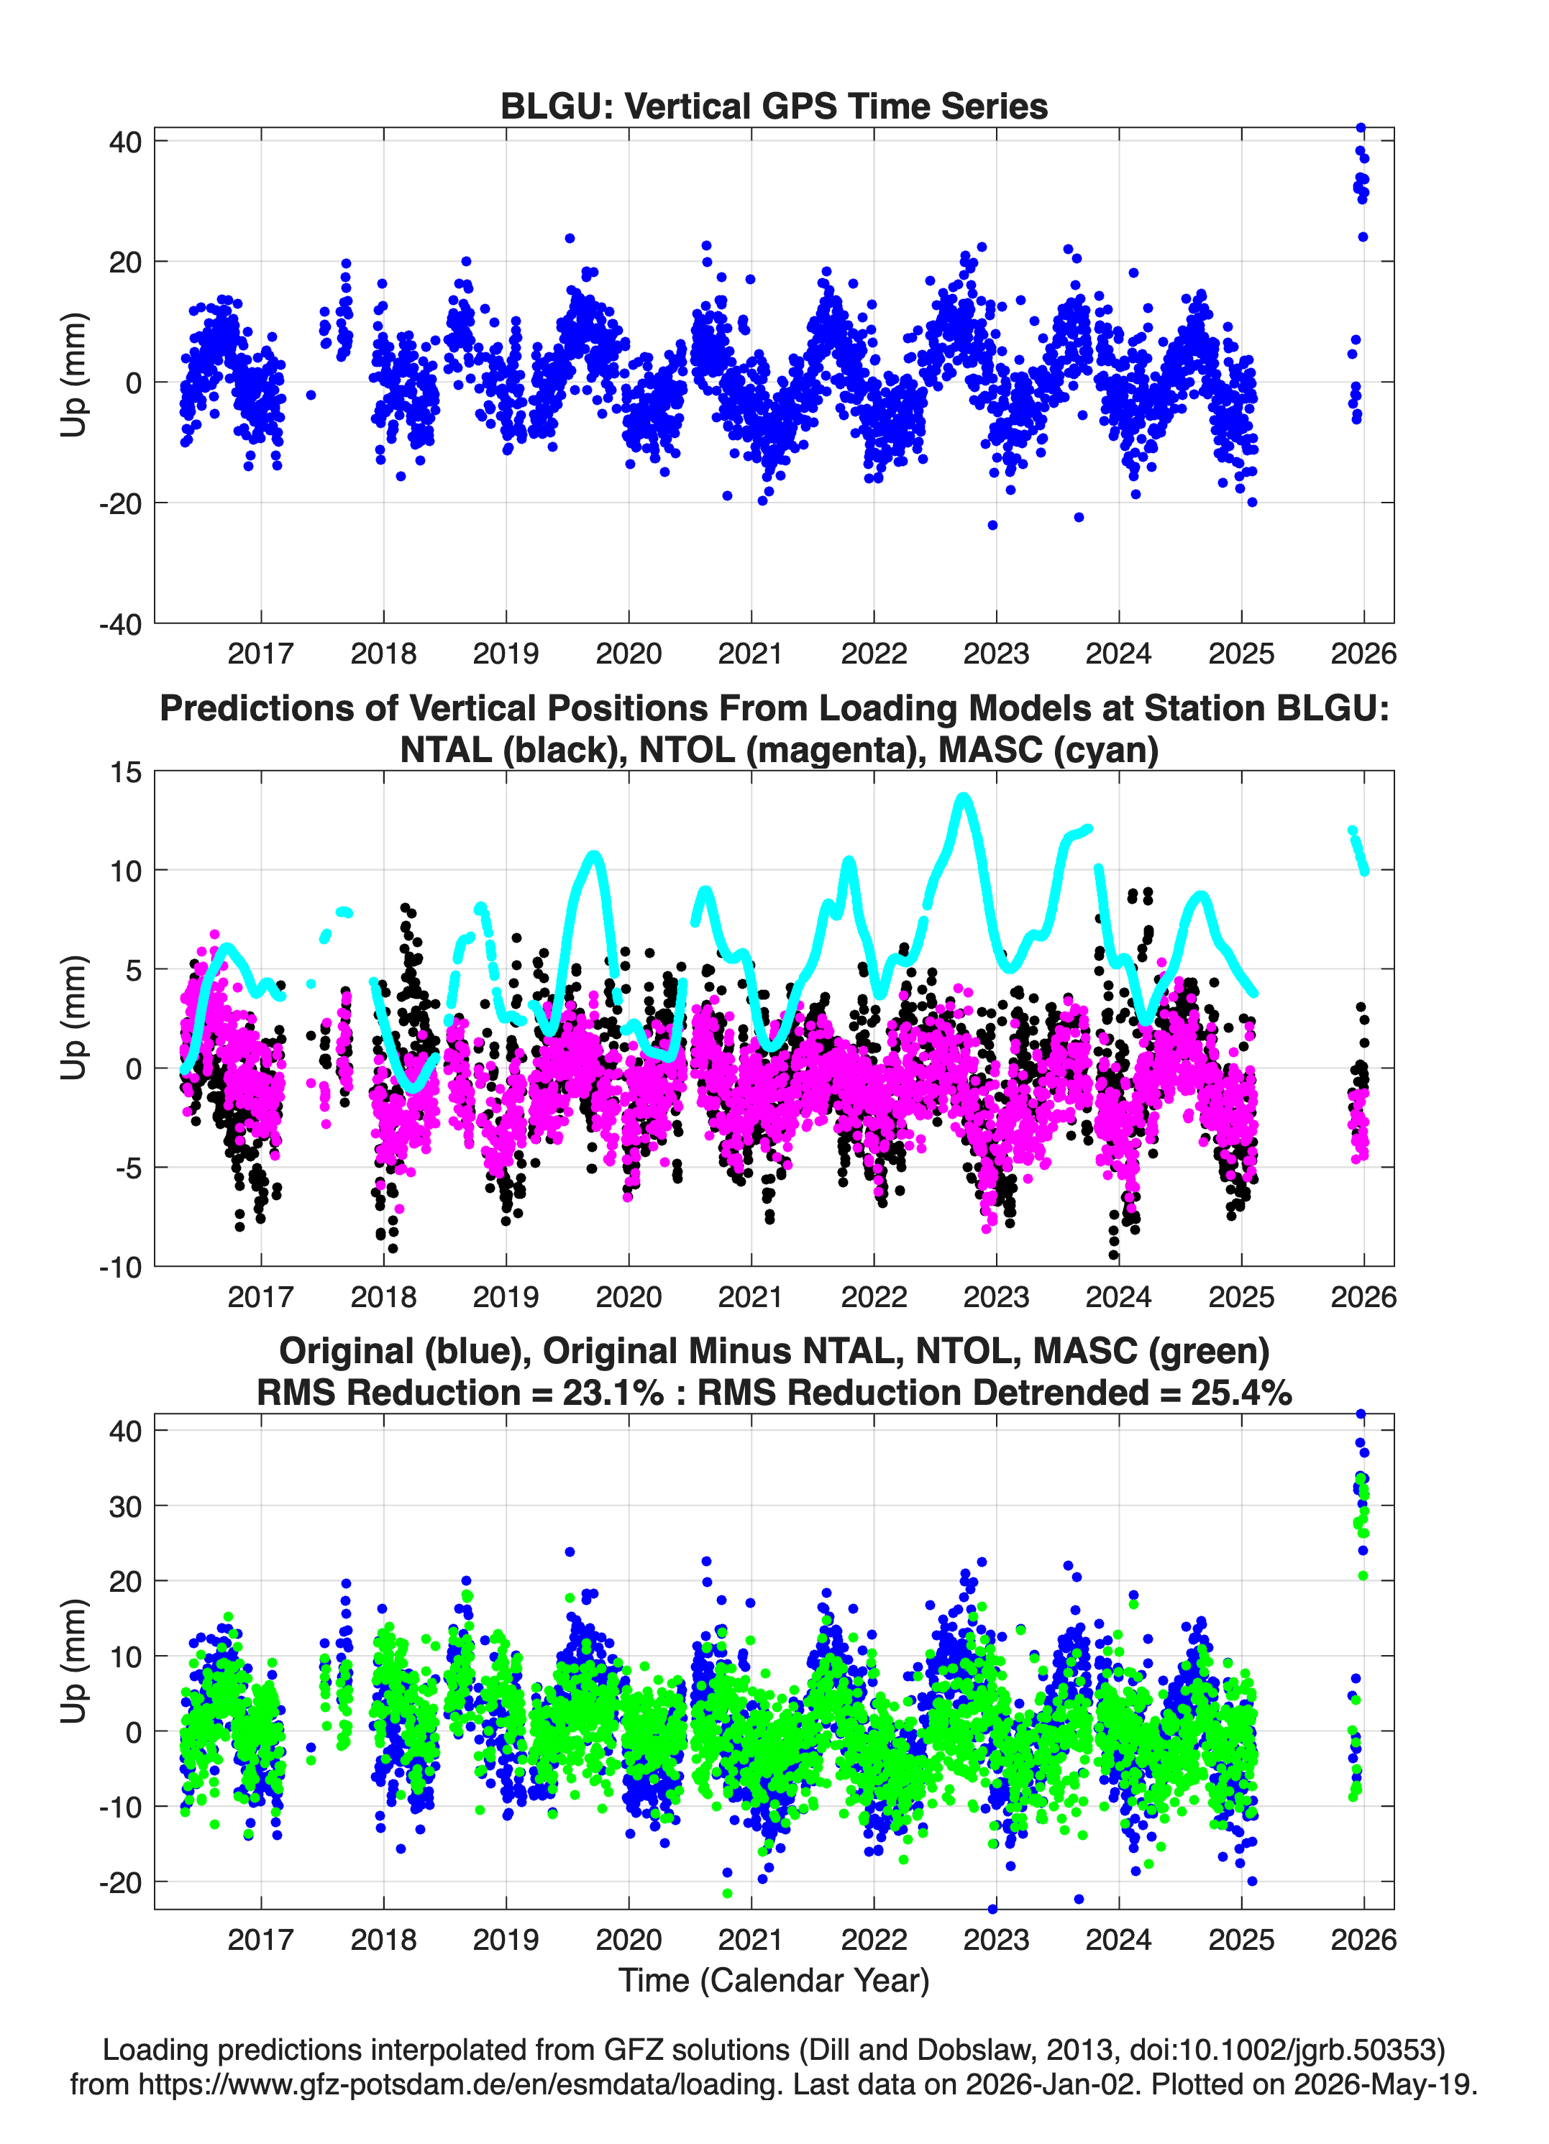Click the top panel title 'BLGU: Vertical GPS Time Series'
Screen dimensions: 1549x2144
(x=774, y=106)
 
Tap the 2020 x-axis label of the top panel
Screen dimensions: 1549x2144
(x=629, y=654)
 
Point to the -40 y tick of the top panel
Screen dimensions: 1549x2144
(x=120, y=624)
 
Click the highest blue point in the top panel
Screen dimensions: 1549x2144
(x=1361, y=128)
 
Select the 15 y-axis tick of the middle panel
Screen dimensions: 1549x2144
(x=126, y=771)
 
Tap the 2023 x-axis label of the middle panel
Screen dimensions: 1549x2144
(x=996, y=1296)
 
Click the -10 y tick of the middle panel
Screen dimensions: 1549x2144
(x=120, y=1267)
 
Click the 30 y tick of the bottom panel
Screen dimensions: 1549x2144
(x=126, y=1506)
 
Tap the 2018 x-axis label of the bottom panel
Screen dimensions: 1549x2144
(x=384, y=1939)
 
